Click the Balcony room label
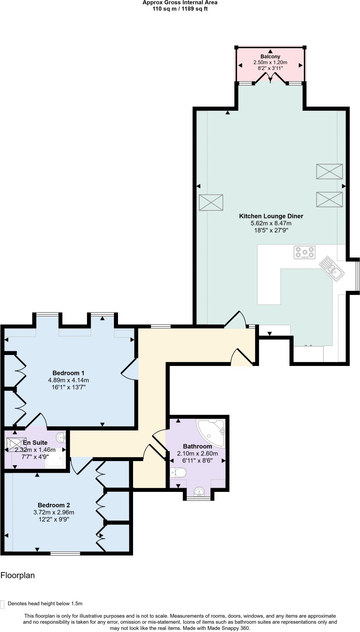(x=270, y=56)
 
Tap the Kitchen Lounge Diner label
(x=271, y=216)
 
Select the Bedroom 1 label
(x=68, y=373)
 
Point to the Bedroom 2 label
(x=54, y=505)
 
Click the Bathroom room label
(x=197, y=446)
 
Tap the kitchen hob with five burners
(x=304, y=252)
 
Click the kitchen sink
(x=332, y=267)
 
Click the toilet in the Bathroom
(x=178, y=472)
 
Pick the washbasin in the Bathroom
(x=199, y=492)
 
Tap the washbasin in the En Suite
(x=61, y=437)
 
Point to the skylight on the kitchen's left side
(x=211, y=202)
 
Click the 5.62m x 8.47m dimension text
(x=271, y=223)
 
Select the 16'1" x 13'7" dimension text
(x=68, y=387)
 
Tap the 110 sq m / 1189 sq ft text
(x=180, y=9)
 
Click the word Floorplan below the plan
(x=18, y=576)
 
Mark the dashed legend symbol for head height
(x=2, y=605)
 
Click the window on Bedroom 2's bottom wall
(x=65, y=554)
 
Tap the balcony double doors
(x=270, y=77)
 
